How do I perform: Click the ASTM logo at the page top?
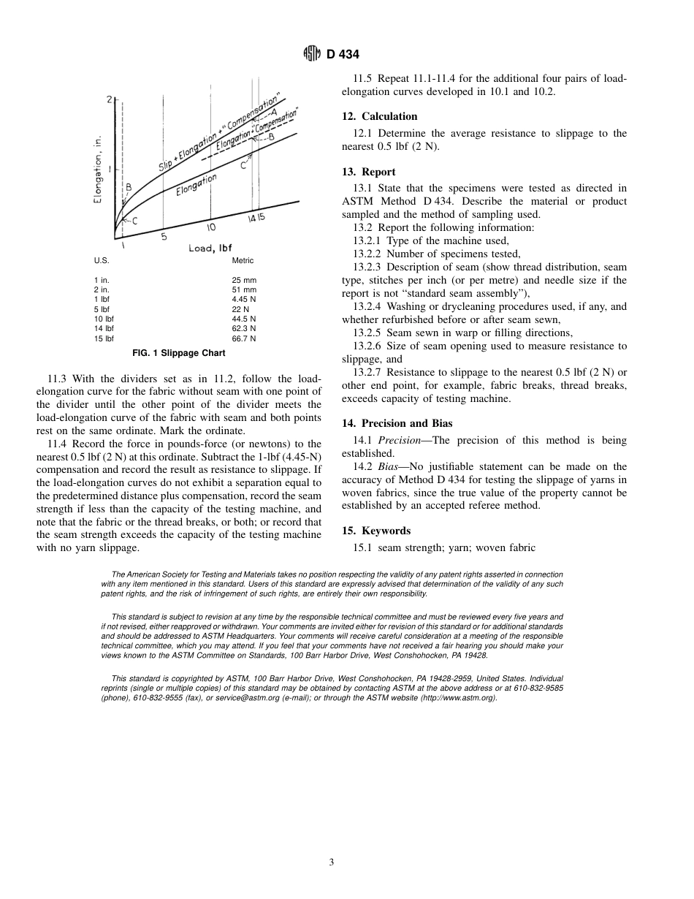coord(312,55)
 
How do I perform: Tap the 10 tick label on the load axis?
coord(211,227)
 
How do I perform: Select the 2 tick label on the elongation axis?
coord(109,99)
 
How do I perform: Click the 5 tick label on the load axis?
coord(164,236)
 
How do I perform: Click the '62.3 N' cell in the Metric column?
coord(244,329)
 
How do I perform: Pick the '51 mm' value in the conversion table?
coord(244,290)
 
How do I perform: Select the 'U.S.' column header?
coord(102,261)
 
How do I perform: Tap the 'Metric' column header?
coord(243,261)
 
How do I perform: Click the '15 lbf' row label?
coord(104,339)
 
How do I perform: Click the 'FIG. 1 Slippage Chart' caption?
coord(178,353)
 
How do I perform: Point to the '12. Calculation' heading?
coord(380,116)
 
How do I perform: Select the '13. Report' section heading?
coord(368,171)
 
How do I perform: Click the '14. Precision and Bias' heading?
coord(397,423)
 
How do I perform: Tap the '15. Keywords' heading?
coord(376,531)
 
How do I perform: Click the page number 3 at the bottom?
coord(331,862)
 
